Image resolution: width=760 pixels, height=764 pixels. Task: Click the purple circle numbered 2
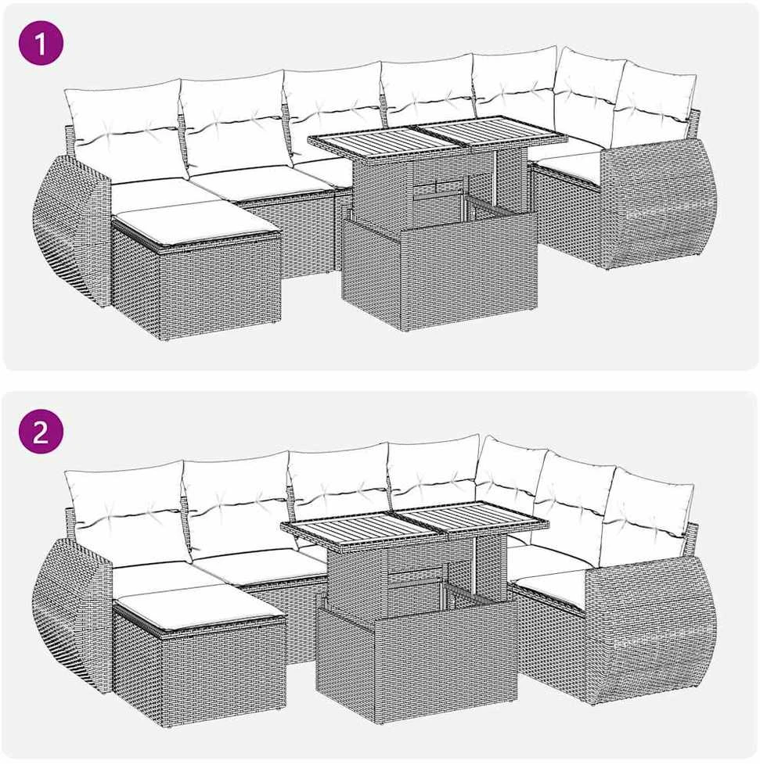coord(41,431)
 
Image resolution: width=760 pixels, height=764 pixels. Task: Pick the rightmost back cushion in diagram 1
coord(654,105)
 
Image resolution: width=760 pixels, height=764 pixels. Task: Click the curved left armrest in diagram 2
coord(72,614)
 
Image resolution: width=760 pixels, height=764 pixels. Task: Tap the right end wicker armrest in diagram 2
coord(651,633)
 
